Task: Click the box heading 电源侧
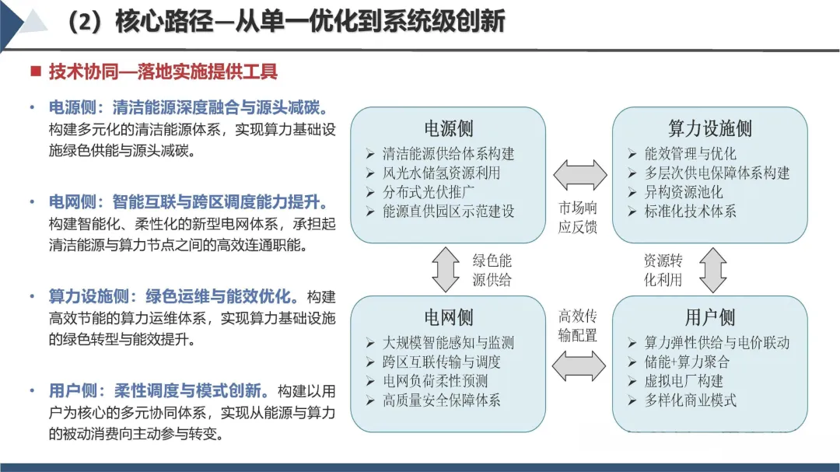pos(448,128)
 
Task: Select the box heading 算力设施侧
pos(709,128)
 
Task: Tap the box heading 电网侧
pos(448,317)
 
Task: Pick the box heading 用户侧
pos(709,317)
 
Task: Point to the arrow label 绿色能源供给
pos(492,270)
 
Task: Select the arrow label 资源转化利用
pos(663,270)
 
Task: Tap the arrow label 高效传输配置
pos(578,325)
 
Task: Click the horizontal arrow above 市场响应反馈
pos(579,176)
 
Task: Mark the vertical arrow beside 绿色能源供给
pos(446,269)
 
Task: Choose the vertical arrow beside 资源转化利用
pos(712,269)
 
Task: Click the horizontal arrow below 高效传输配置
pos(579,365)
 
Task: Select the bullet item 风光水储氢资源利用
pos(441,173)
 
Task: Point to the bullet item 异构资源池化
pos(684,192)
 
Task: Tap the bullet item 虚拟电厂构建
pos(684,381)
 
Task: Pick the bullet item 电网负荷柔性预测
pos(436,381)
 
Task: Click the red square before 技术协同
pos(35,72)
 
